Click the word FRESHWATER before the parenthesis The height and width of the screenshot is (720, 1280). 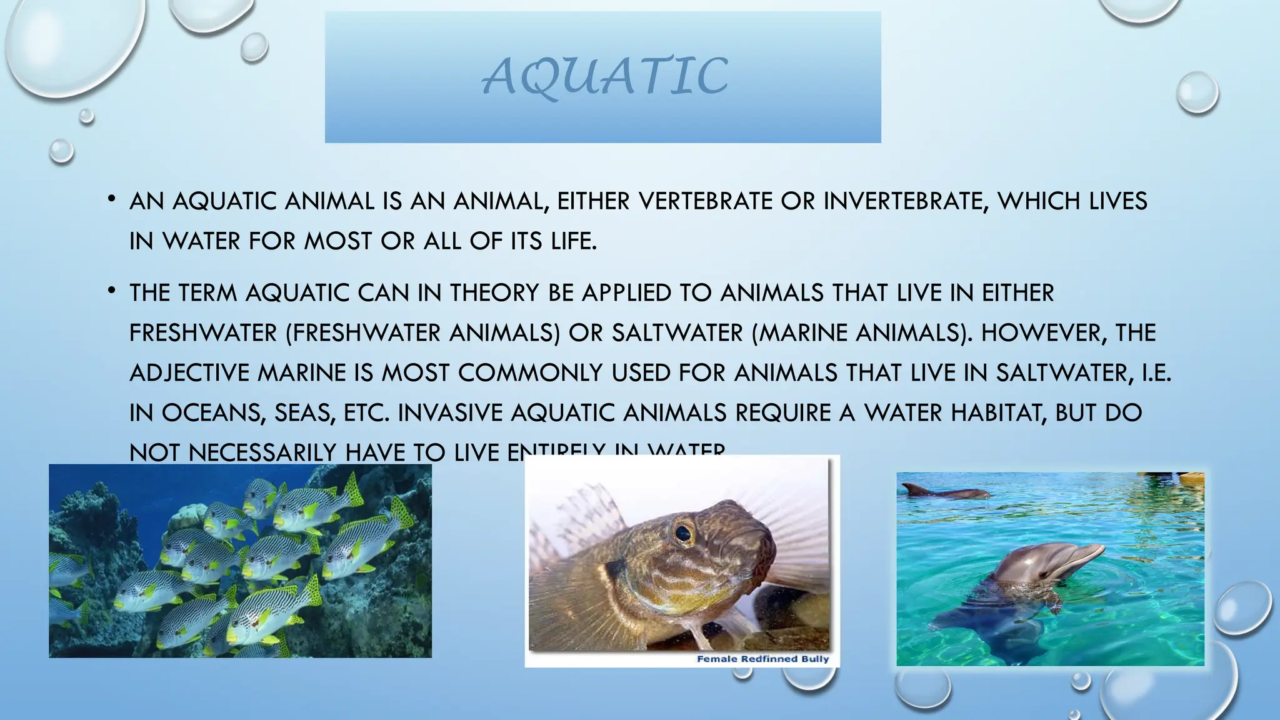202,333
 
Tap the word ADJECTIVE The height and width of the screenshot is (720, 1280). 189,373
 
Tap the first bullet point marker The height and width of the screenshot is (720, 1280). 111,199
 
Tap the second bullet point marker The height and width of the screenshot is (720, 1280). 111,291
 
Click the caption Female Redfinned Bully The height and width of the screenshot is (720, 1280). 762,659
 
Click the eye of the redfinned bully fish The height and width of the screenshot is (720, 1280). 682,533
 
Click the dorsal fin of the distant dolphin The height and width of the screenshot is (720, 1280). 916,488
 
